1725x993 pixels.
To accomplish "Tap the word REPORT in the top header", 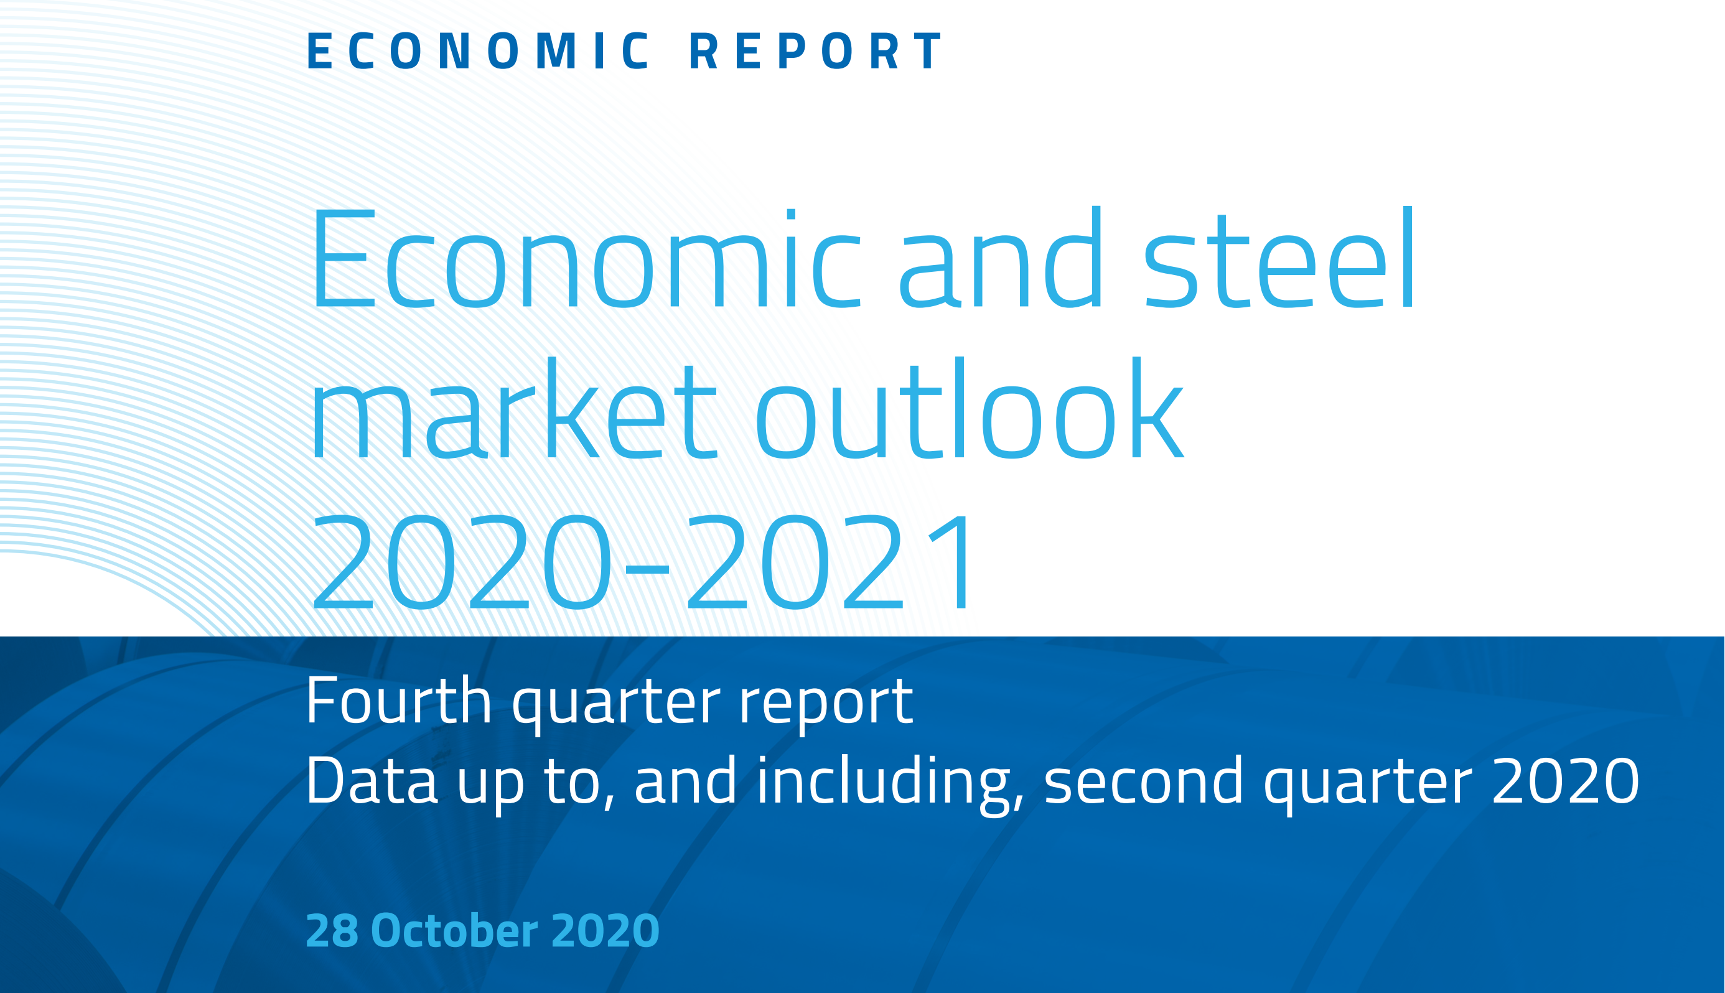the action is tap(816, 50).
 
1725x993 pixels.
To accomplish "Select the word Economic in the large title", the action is tap(586, 258).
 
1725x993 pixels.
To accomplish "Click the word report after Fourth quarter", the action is tap(826, 704).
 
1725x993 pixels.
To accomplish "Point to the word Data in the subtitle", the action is tap(372, 780).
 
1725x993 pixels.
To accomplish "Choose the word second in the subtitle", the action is tap(1144, 780).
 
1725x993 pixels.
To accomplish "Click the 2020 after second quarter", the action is tap(1566, 781).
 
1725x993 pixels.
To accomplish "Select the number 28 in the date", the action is tap(332, 930).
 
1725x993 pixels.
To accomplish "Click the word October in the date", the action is tap(454, 930).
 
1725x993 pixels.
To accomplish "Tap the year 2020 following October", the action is tap(605, 930).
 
